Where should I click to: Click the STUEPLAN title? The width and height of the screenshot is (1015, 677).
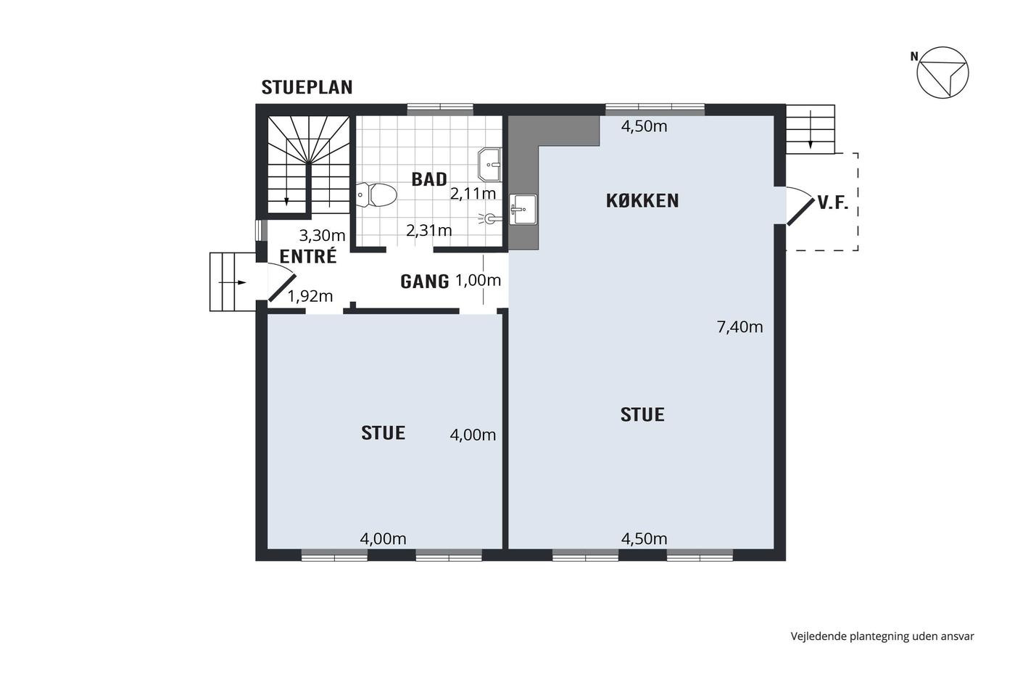click(307, 88)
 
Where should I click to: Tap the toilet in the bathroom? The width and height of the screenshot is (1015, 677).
click(376, 195)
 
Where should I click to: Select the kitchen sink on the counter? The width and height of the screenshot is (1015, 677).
click(523, 209)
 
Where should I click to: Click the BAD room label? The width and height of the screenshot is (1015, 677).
click(429, 179)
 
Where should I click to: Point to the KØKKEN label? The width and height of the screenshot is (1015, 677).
click(642, 201)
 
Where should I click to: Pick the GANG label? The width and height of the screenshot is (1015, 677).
click(425, 282)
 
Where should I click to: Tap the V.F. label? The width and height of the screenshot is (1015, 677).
click(833, 203)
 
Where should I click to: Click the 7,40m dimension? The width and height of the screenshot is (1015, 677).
click(739, 327)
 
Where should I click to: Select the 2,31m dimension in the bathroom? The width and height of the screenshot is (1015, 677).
click(429, 231)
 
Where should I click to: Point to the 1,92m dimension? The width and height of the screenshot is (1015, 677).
click(310, 297)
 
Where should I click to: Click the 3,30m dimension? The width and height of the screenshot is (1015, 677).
click(322, 235)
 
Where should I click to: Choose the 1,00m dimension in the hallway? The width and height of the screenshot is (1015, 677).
click(478, 281)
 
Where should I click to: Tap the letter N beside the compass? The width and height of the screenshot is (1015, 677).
click(914, 57)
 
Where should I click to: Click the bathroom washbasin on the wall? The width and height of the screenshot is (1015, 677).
click(489, 164)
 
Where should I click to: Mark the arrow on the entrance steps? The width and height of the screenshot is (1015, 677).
click(232, 283)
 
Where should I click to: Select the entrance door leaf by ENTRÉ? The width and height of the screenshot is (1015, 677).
click(282, 288)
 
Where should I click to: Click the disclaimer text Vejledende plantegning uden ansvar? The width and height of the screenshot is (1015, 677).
click(882, 636)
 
